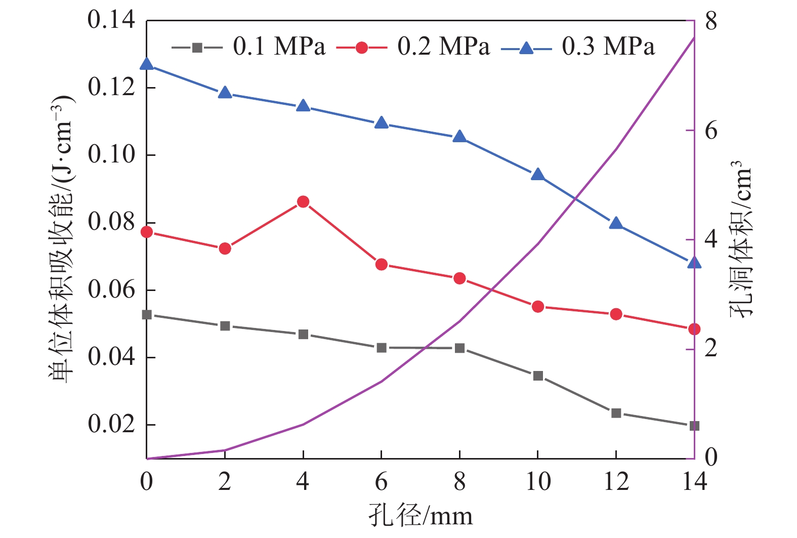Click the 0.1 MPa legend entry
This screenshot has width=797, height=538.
[248, 47]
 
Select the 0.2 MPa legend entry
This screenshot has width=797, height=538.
[413, 47]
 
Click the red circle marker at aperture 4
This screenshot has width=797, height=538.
[303, 202]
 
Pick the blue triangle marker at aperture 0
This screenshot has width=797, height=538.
[147, 64]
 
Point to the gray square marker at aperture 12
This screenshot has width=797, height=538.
[616, 413]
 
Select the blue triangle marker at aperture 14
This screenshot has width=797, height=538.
[694, 262]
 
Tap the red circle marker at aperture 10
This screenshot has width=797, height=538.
[538, 307]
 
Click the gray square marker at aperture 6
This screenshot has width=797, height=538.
[382, 348]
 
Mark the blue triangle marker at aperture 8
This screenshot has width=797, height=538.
[459, 137]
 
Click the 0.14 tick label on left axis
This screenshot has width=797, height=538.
[111, 20]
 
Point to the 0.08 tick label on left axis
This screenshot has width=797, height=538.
[111, 222]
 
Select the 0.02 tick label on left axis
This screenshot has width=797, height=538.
[111, 424]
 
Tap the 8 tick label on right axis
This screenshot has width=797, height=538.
[711, 21]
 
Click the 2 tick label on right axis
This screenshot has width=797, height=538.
[711, 348]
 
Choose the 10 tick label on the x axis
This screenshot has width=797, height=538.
[538, 482]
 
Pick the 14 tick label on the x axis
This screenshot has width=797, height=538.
[694, 482]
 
